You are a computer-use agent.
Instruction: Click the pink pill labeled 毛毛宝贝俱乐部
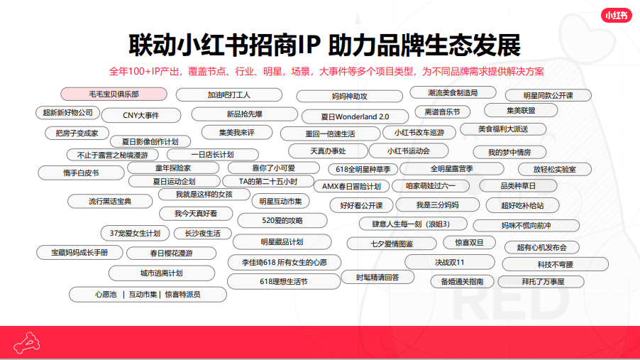tap(114, 94)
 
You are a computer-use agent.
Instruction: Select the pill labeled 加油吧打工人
tap(229, 94)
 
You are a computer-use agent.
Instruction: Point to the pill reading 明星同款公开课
tap(548, 95)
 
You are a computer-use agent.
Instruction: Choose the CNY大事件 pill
tap(141, 115)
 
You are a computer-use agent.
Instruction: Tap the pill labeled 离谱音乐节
tap(443, 111)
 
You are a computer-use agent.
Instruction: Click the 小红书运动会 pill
tap(409, 151)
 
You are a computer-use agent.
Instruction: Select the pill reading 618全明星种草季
tap(363, 169)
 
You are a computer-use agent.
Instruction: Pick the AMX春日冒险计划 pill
tap(351, 186)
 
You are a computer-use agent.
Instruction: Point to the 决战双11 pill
tap(450, 262)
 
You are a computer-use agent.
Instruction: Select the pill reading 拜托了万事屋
tap(542, 281)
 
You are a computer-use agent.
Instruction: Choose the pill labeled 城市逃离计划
tap(161, 273)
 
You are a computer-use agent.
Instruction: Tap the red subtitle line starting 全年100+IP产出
tap(326, 71)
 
